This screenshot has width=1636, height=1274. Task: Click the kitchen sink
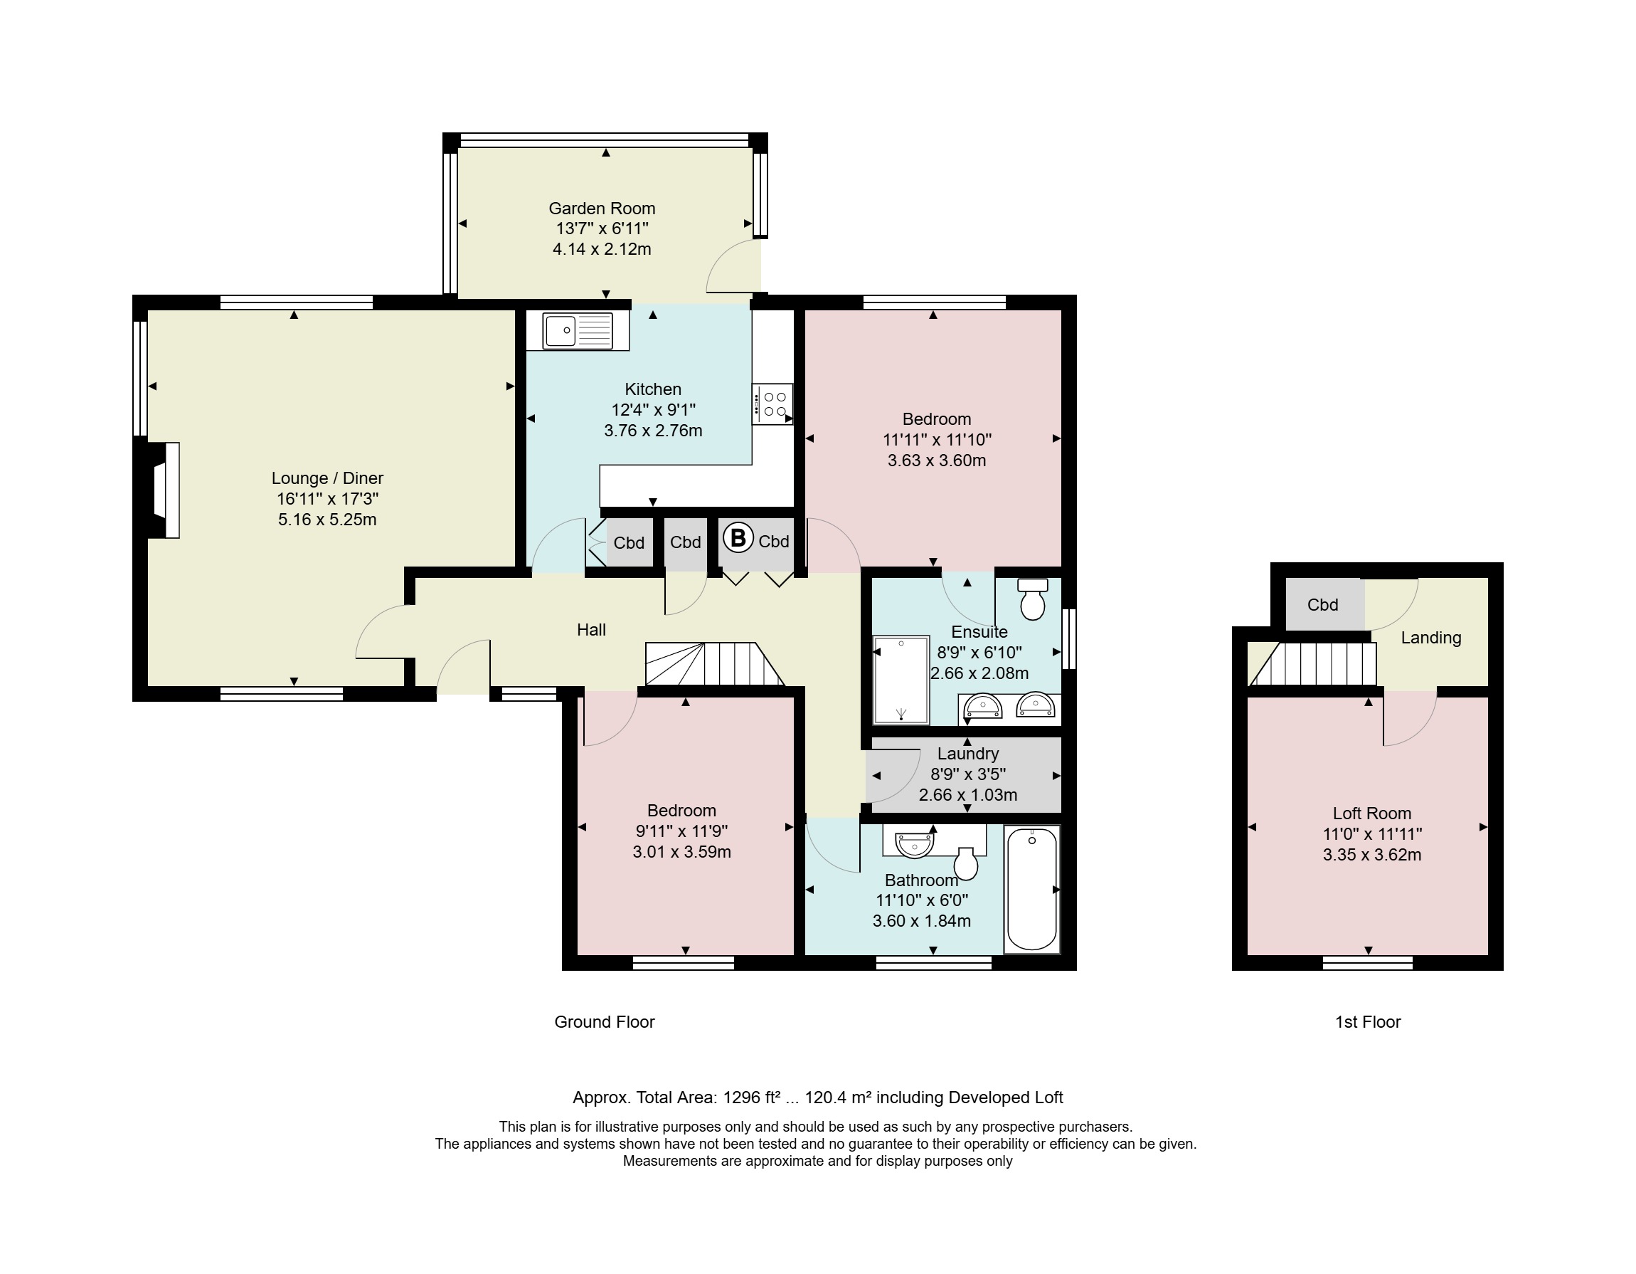578,330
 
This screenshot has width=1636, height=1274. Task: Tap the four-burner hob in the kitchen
773,404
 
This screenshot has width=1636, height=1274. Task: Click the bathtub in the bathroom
1031,890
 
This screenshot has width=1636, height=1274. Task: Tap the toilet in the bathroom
967,863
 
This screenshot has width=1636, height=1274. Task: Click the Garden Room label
602,209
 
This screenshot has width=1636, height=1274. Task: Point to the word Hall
591,629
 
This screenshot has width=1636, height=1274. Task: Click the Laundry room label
968,753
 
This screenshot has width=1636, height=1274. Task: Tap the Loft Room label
1371,813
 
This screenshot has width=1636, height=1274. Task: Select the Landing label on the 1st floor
1430,638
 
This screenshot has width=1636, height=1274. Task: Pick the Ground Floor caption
605,1021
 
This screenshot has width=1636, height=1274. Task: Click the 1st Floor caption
1368,1021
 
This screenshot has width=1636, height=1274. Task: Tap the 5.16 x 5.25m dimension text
327,520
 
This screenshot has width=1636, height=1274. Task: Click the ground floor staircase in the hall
715,664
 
